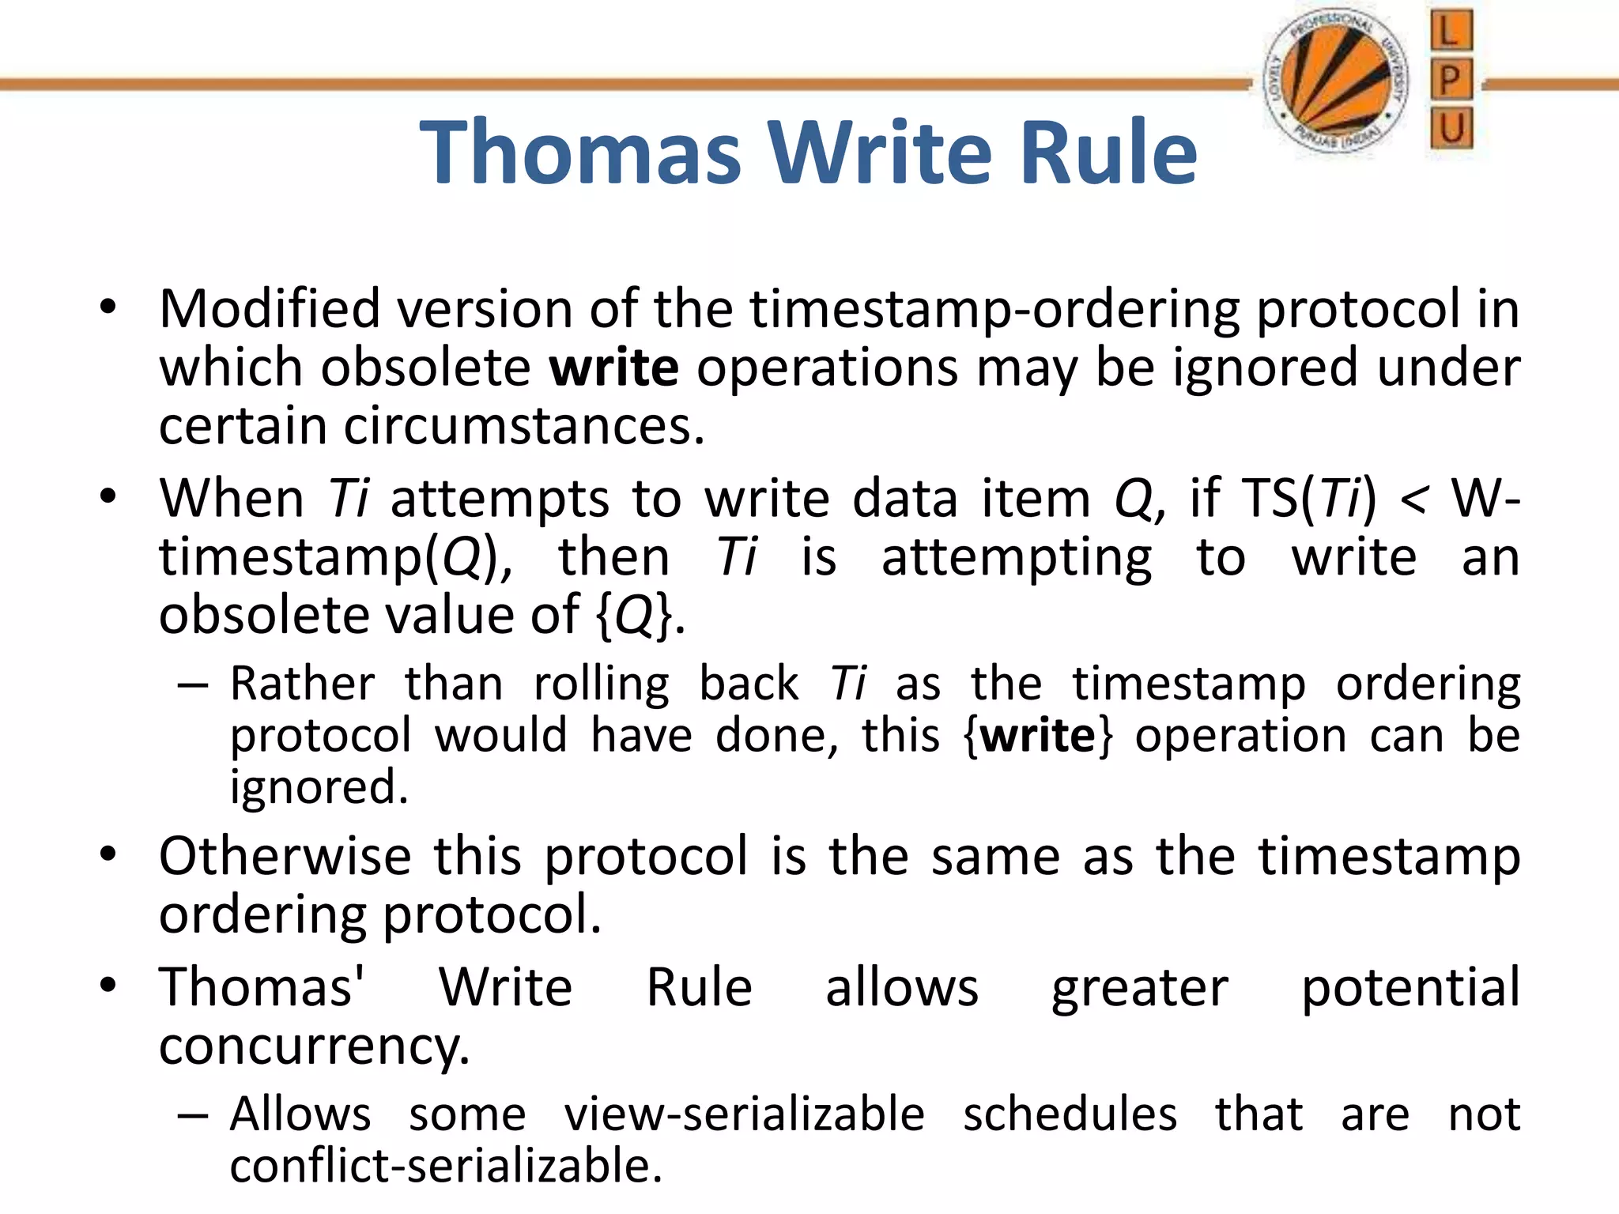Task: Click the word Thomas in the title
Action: [581, 152]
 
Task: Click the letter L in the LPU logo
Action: [1451, 32]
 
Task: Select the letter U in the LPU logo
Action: [1451, 128]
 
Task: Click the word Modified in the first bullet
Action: [270, 308]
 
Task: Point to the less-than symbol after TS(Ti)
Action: [1413, 500]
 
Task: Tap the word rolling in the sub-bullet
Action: [601, 684]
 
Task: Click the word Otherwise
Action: [285, 857]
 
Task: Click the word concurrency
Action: [314, 1047]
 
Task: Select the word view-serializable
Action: [744, 1115]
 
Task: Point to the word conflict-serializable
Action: [445, 1167]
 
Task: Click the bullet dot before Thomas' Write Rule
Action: [108, 986]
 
